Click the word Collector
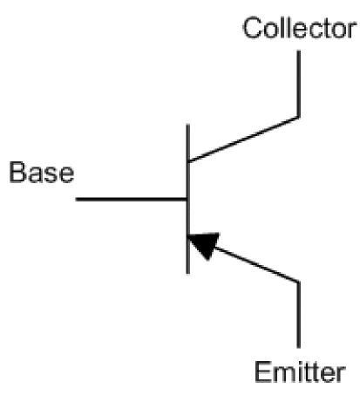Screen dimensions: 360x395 click(x=300, y=28)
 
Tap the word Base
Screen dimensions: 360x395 click(x=42, y=173)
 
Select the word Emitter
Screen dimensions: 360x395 click(x=300, y=372)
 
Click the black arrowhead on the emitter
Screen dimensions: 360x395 click(x=204, y=243)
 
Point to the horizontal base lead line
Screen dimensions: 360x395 click(x=131, y=200)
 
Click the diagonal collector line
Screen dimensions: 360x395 click(x=243, y=140)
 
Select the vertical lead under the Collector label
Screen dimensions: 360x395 click(x=298, y=84)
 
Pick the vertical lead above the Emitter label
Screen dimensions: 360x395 click(x=298, y=315)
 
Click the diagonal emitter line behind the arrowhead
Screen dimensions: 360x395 click(x=257, y=264)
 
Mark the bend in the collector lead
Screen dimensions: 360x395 click(x=298, y=117)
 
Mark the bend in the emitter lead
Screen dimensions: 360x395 click(x=298, y=282)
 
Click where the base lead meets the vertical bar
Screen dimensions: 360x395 click(x=187, y=200)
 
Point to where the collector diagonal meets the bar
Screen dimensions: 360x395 click(x=188, y=161)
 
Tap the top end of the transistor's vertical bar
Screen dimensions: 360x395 click(x=188, y=125)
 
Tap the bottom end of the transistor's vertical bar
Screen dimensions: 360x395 click(x=188, y=274)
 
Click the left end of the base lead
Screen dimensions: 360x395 click(x=76, y=200)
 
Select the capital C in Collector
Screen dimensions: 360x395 click(x=253, y=28)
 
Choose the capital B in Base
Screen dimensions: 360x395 click(x=18, y=173)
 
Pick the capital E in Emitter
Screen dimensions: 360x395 click(x=263, y=372)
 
